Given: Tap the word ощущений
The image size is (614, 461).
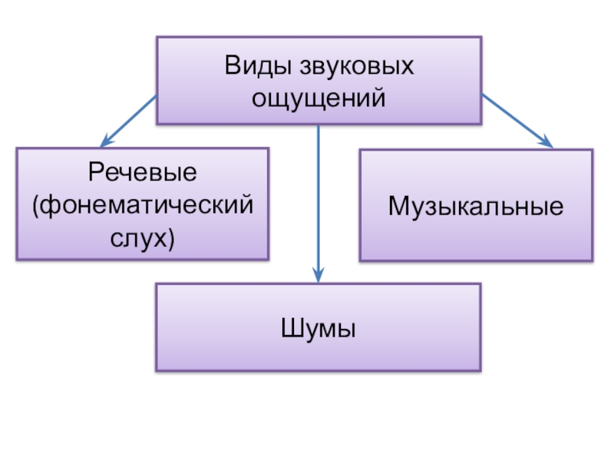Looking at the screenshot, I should click(319, 98).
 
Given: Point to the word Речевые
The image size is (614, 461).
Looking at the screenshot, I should click(143, 171).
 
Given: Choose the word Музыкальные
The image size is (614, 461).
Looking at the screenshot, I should click(476, 206).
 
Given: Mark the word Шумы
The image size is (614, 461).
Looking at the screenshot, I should click(319, 329).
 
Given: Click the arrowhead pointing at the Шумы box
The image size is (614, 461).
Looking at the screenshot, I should click(319, 275).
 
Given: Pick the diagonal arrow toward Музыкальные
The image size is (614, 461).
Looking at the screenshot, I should click(514, 118).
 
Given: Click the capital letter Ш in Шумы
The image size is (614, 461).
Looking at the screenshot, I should click(290, 329).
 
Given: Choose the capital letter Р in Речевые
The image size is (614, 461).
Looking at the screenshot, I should click(95, 171).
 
